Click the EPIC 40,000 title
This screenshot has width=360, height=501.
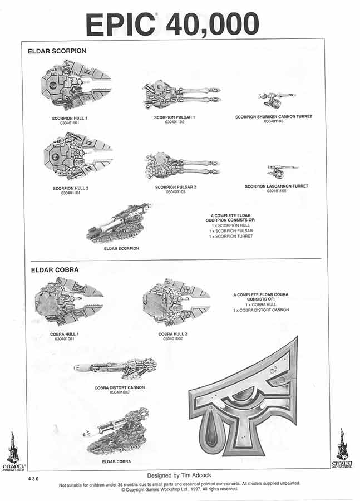(172, 23)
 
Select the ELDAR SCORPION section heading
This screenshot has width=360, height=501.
(57, 51)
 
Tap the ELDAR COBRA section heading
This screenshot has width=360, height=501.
(53, 269)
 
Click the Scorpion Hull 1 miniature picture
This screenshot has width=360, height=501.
(76, 85)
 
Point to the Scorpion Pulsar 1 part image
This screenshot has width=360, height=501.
(181, 95)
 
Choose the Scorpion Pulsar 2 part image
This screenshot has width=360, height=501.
(181, 166)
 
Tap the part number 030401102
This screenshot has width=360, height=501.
(175, 122)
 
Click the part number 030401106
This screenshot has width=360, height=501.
(277, 191)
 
